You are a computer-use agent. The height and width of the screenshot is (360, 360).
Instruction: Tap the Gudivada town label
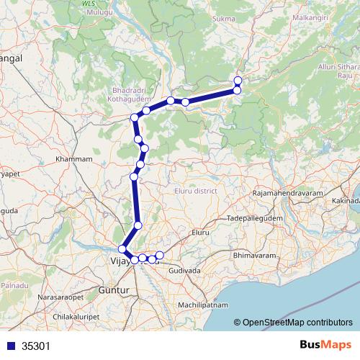tap(184, 269)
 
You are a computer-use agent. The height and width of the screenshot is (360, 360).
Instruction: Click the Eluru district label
tap(196, 191)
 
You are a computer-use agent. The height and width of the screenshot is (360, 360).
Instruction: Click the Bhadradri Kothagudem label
tap(124, 101)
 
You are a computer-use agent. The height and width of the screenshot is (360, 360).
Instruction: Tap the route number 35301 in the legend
tap(36, 346)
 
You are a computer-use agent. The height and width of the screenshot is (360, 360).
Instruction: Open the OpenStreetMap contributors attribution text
tap(297, 323)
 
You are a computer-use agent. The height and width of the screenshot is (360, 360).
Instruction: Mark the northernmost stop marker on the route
tap(238, 80)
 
